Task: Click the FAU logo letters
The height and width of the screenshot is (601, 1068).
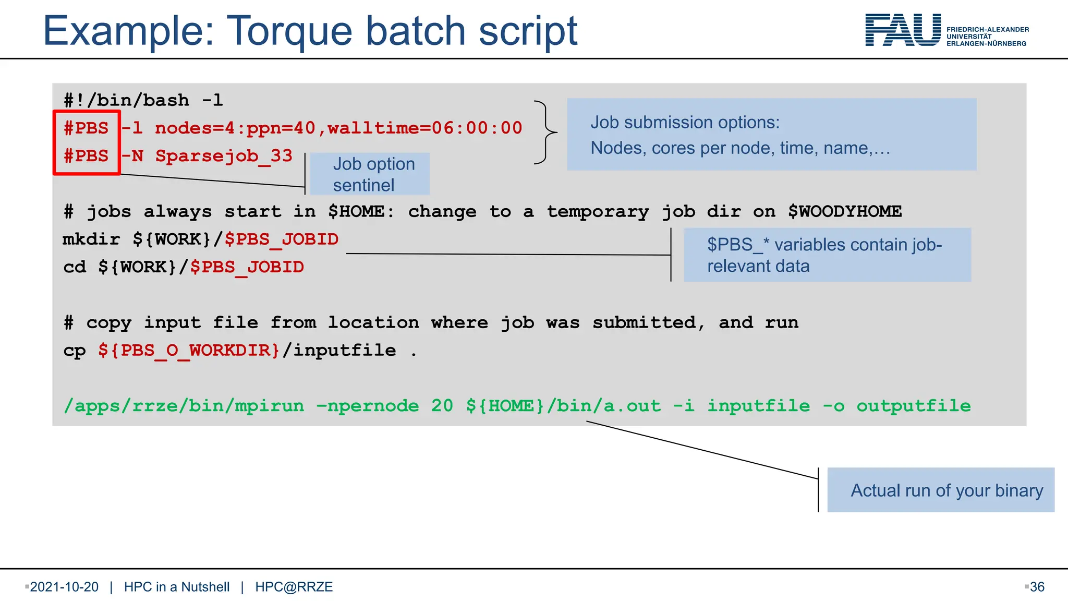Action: point(903,30)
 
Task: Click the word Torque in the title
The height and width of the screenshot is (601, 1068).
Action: point(290,31)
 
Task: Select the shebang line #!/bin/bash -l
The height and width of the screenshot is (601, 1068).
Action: point(143,100)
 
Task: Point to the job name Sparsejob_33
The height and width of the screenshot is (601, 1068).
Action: point(224,155)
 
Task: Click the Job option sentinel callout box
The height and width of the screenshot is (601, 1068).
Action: point(370,174)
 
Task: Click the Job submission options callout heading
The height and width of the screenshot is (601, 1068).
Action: point(685,122)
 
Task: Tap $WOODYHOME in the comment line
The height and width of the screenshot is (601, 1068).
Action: point(845,211)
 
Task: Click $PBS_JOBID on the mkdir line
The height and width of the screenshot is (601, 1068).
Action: point(282,239)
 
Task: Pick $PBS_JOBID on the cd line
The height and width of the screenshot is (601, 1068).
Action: point(247,267)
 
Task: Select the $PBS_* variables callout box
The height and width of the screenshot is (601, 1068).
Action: point(827,255)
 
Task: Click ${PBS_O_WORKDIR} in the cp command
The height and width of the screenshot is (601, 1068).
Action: point(189,350)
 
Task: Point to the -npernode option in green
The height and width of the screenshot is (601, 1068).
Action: point(368,406)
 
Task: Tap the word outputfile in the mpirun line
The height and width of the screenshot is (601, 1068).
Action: point(914,406)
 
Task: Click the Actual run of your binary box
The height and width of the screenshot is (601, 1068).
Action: point(941,490)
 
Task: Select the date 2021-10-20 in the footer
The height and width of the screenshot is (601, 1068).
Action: point(64,587)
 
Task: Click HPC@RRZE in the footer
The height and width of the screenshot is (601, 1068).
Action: point(294,587)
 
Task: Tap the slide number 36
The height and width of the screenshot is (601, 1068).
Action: point(1037,587)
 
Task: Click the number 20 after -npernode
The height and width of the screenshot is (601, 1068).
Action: point(442,406)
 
